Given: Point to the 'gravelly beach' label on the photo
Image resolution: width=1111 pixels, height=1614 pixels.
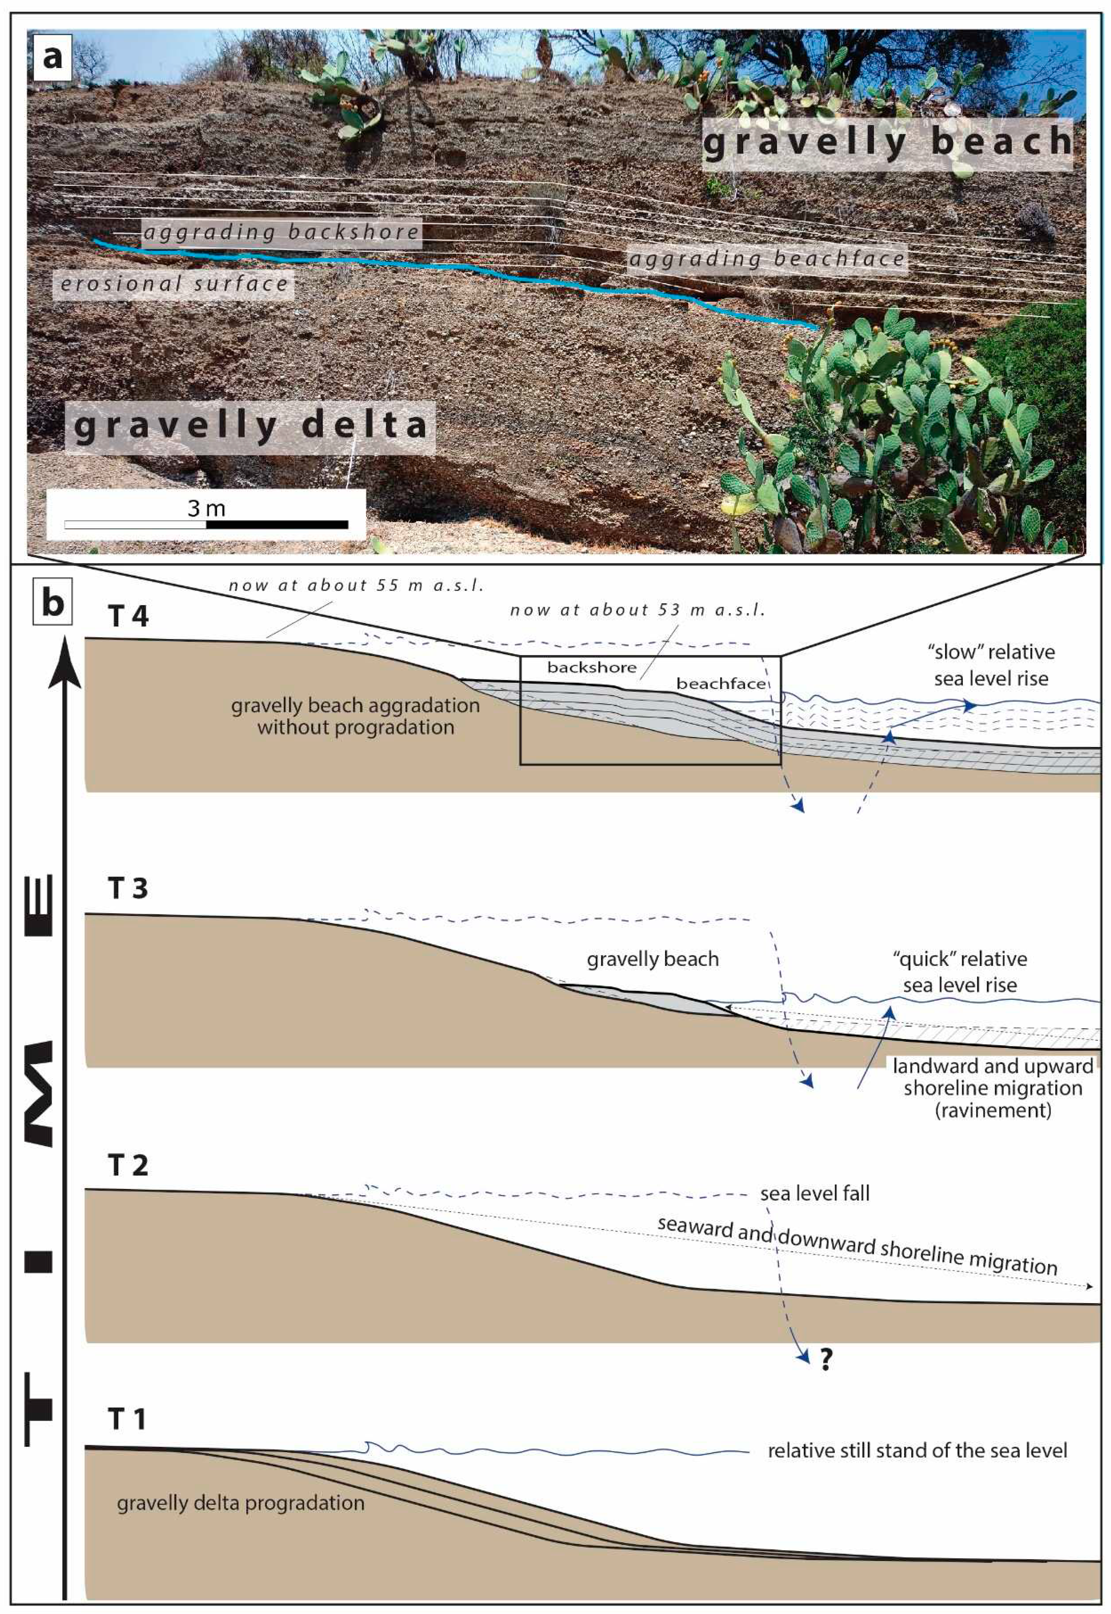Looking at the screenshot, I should [888, 142].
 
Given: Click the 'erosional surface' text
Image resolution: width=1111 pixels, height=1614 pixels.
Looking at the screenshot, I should [174, 284].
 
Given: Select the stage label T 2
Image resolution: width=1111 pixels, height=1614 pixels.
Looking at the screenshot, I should [128, 1165].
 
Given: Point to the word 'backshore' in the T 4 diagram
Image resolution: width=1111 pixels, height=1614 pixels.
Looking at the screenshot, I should [592, 667].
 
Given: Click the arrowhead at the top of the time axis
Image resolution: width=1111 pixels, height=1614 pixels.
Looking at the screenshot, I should [65, 661].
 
